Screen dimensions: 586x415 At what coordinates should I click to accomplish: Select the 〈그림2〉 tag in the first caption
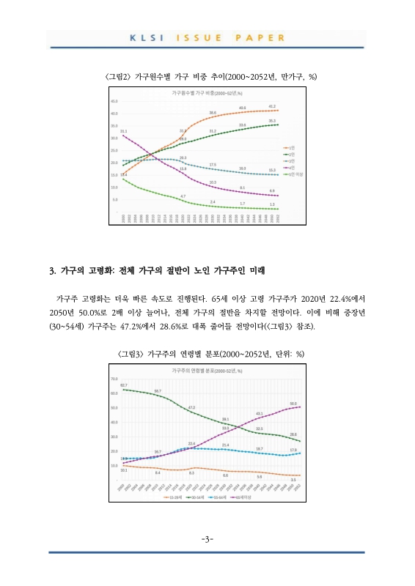(120, 75)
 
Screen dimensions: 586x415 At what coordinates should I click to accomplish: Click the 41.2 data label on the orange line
(272, 106)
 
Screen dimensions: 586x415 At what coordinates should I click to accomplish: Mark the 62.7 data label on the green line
(124, 385)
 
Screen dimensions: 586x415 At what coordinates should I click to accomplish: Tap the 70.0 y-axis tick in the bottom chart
(114, 379)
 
